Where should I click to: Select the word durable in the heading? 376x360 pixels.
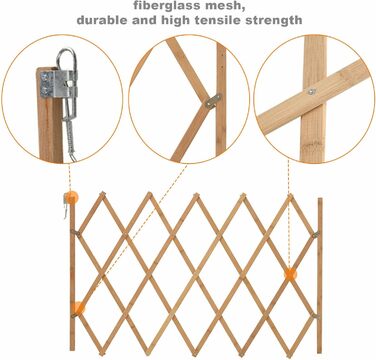point(102,20)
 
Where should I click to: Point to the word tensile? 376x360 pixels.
point(222,20)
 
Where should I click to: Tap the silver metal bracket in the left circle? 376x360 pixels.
point(59,84)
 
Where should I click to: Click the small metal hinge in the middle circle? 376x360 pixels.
point(213,101)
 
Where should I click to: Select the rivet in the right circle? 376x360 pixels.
point(311,91)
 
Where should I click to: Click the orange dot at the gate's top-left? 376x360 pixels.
point(71,198)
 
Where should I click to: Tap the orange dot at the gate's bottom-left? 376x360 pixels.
point(79,308)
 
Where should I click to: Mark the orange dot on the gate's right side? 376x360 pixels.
point(290,274)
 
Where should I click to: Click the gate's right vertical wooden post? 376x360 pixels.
point(320,275)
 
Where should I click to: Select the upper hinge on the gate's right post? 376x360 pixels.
point(315,235)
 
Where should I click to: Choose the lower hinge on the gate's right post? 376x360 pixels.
point(315,316)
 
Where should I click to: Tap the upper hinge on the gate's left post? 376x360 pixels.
point(75,232)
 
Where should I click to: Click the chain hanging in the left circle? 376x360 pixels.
point(70,133)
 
